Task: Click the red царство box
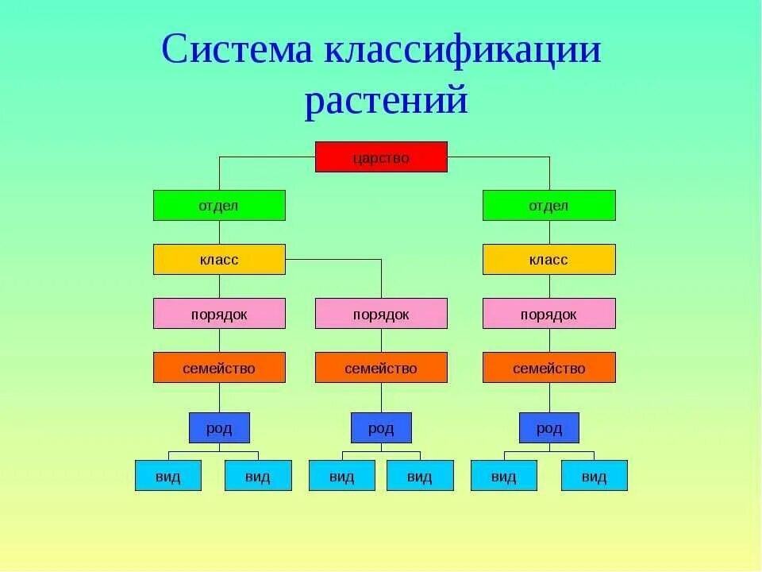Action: click(381, 157)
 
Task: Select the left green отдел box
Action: click(219, 206)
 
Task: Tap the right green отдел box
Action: click(548, 206)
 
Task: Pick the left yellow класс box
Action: click(219, 260)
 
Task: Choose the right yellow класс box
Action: click(548, 260)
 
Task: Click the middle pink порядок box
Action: click(381, 314)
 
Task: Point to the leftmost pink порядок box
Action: click(219, 314)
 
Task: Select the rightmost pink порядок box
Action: click(548, 314)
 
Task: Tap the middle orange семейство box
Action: click(381, 368)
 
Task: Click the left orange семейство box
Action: click(219, 368)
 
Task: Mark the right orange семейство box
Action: click(548, 368)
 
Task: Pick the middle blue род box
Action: click(381, 428)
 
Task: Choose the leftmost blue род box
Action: click(219, 428)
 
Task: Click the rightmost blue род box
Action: click(548, 428)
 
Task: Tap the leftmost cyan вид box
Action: click(168, 476)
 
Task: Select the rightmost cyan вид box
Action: click(594, 476)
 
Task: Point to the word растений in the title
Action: click(386, 100)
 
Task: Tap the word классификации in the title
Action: click(462, 51)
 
